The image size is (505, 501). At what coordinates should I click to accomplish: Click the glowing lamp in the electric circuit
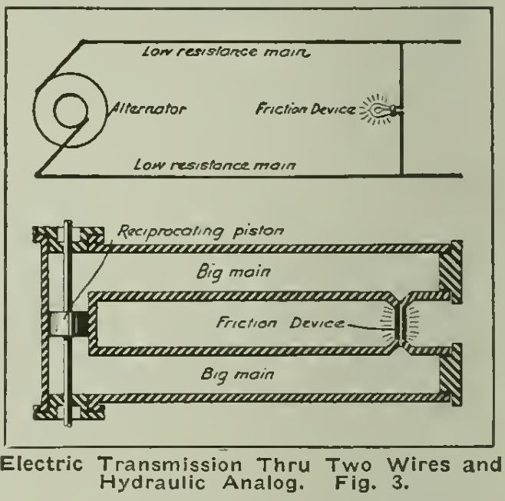pos(378,111)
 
